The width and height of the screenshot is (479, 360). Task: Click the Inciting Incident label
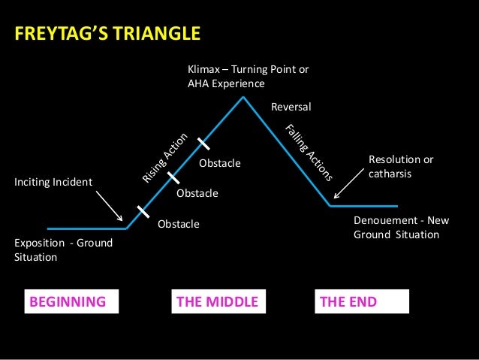point(53,182)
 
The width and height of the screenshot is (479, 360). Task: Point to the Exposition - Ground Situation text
point(62,250)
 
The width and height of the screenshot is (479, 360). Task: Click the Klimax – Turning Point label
point(248,77)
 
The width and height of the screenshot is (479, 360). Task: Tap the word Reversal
point(291,107)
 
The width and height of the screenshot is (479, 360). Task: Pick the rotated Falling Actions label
point(309,153)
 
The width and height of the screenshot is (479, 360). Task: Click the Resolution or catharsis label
point(401,167)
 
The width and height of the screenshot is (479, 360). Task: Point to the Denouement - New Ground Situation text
point(396,228)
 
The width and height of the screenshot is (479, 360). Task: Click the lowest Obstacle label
point(179,224)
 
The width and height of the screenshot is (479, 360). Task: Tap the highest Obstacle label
point(219,162)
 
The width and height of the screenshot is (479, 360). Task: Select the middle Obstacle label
point(197,193)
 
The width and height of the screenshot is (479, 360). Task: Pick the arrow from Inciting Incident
point(110,206)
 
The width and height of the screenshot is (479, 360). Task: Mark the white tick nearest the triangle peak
point(203,143)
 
